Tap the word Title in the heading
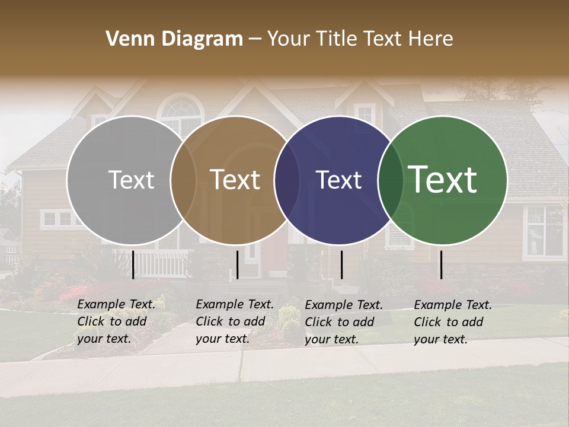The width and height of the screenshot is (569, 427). (x=337, y=39)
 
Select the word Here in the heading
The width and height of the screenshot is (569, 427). (x=431, y=39)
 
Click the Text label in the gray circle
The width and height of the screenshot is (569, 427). (x=131, y=180)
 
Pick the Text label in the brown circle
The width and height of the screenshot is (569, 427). (x=235, y=180)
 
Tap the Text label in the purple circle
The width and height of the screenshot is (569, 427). (x=338, y=180)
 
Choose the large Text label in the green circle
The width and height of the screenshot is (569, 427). (x=443, y=180)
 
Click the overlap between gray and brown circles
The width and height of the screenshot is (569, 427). (x=183, y=180)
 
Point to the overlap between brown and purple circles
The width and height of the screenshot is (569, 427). (x=287, y=180)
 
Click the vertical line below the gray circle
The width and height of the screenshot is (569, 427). (x=133, y=265)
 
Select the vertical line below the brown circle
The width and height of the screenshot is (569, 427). (x=237, y=265)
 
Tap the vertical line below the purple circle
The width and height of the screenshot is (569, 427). (x=341, y=265)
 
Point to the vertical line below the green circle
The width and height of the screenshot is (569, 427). (x=441, y=265)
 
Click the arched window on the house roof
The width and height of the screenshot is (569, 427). (x=181, y=110)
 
